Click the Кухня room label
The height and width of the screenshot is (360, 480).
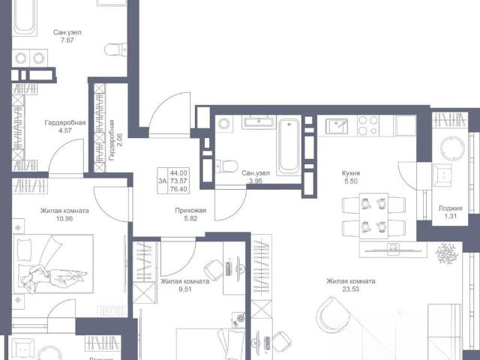(351, 173)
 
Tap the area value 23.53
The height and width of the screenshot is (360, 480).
(351, 289)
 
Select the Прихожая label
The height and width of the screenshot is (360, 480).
(190, 211)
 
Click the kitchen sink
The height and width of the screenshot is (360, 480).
(337, 126)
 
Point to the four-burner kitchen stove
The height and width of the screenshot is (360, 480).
(368, 126)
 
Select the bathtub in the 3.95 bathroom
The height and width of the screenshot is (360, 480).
(288, 147)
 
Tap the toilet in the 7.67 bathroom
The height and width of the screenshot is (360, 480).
(115, 49)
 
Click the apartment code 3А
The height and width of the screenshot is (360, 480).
(162, 181)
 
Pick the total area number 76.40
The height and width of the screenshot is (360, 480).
(178, 189)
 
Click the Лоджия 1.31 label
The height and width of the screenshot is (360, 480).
(450, 212)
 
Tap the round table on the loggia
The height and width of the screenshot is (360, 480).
(452, 148)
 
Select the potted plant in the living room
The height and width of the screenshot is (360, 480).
(447, 253)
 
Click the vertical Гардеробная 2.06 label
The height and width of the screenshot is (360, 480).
(112, 140)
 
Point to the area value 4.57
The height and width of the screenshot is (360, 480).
(65, 130)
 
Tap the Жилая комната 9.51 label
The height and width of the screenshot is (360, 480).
(185, 285)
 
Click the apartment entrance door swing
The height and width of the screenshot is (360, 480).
(169, 113)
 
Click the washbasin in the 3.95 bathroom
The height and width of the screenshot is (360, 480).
(259, 121)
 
